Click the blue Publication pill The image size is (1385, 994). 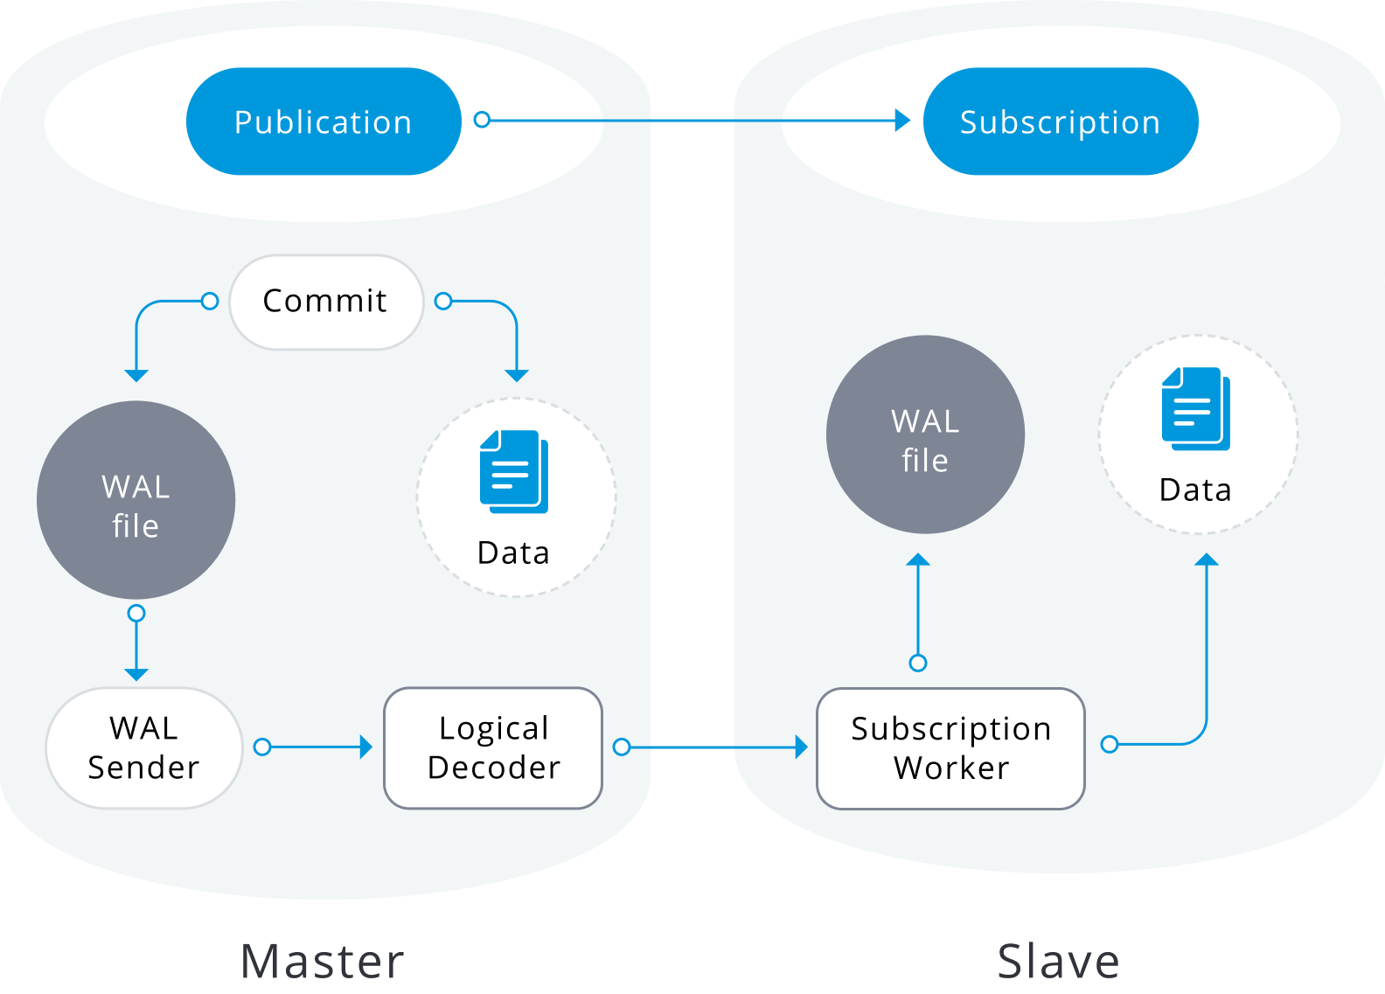[324, 122]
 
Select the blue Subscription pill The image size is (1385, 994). [1060, 122]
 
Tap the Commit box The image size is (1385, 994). [326, 302]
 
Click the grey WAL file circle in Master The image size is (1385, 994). [136, 500]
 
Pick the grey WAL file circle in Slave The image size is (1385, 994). [925, 434]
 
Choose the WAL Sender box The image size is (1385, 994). [144, 747]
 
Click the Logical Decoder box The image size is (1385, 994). [493, 747]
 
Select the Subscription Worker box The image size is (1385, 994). [950, 748]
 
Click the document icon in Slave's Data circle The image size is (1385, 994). [1195, 408]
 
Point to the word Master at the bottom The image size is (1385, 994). [322, 961]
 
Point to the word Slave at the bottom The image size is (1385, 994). [1058, 961]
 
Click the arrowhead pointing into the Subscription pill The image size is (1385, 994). [902, 121]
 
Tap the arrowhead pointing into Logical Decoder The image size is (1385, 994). [366, 747]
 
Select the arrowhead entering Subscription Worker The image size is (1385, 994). [801, 747]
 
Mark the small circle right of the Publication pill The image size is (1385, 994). [482, 120]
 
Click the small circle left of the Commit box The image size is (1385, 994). [210, 302]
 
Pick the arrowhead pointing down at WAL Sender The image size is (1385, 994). [136, 674]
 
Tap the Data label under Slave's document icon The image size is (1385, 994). [1195, 490]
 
